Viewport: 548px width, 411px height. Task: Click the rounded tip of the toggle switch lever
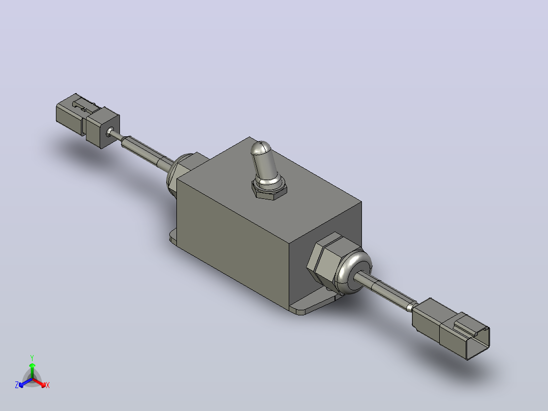(x=260, y=148)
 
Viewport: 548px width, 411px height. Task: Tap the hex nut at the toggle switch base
(x=269, y=191)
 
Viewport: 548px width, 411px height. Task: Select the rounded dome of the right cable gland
(x=353, y=271)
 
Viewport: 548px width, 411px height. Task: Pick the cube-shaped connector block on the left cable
(x=103, y=127)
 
